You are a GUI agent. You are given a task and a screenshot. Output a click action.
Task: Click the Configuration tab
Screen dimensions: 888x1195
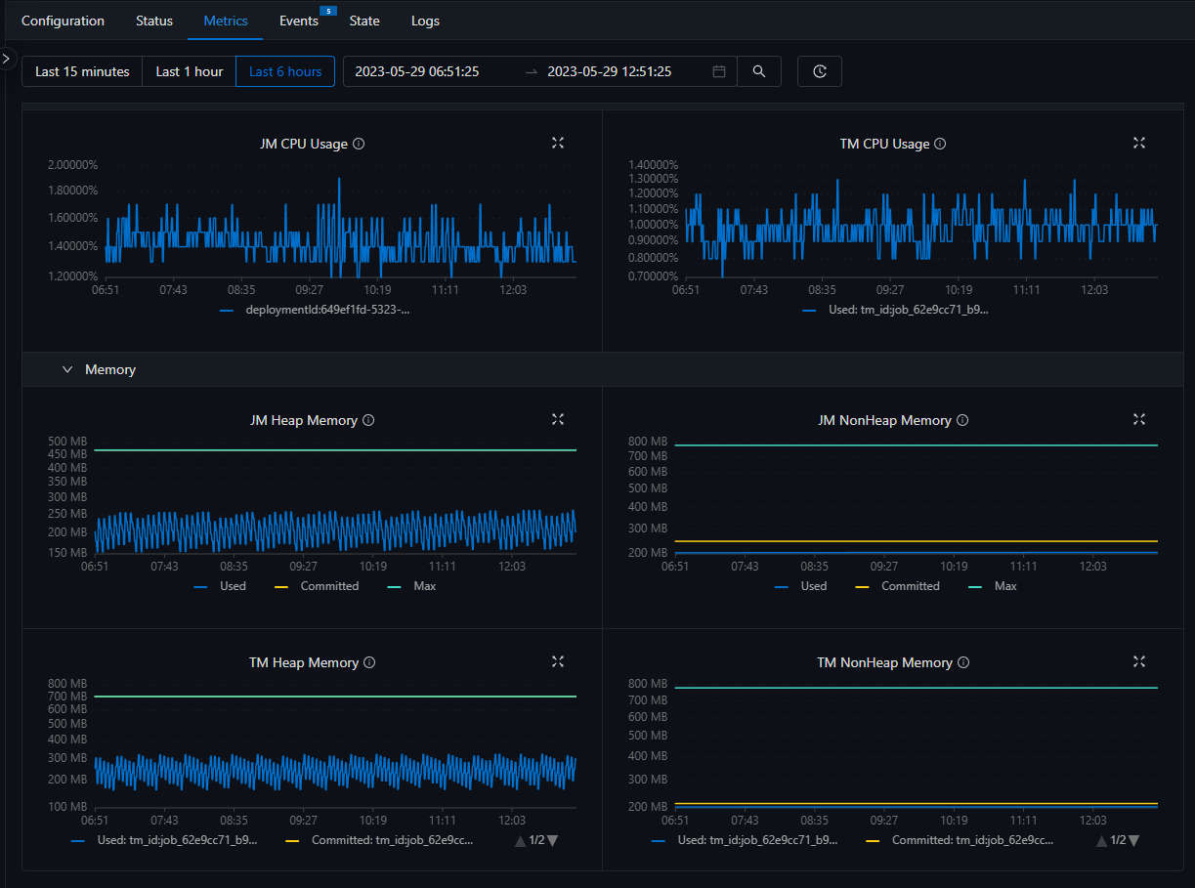63,21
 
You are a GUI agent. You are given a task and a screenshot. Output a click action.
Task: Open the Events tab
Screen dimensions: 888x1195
299,21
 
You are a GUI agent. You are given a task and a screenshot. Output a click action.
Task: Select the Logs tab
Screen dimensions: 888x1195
425,21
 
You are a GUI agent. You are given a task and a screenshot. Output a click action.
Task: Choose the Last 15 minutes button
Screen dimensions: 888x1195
82,71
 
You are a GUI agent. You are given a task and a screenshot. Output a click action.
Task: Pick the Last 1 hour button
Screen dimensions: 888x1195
190,71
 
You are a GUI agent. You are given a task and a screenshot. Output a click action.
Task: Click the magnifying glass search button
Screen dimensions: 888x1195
759,71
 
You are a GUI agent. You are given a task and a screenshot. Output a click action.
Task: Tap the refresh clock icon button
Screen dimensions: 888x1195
820,71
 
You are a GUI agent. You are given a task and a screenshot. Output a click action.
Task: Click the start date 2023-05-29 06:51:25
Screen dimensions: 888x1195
416,71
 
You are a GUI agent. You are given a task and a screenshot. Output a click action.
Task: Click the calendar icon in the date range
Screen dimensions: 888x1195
719,71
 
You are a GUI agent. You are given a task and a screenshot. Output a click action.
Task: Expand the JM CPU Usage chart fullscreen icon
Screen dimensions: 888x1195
558,143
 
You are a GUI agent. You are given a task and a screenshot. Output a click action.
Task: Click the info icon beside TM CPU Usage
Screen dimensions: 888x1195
940,144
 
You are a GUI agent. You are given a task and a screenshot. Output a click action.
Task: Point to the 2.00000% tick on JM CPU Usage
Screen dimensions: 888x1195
73,164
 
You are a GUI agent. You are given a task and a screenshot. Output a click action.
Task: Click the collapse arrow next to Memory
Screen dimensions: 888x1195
67,369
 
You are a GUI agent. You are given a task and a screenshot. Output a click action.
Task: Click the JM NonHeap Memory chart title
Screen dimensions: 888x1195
884,420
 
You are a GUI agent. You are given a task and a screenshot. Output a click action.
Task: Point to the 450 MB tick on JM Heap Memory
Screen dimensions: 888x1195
67,454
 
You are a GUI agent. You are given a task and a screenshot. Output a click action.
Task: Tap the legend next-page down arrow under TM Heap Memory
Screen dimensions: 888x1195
552,840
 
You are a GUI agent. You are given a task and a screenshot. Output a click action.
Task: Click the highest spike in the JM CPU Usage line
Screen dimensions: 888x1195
339,179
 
